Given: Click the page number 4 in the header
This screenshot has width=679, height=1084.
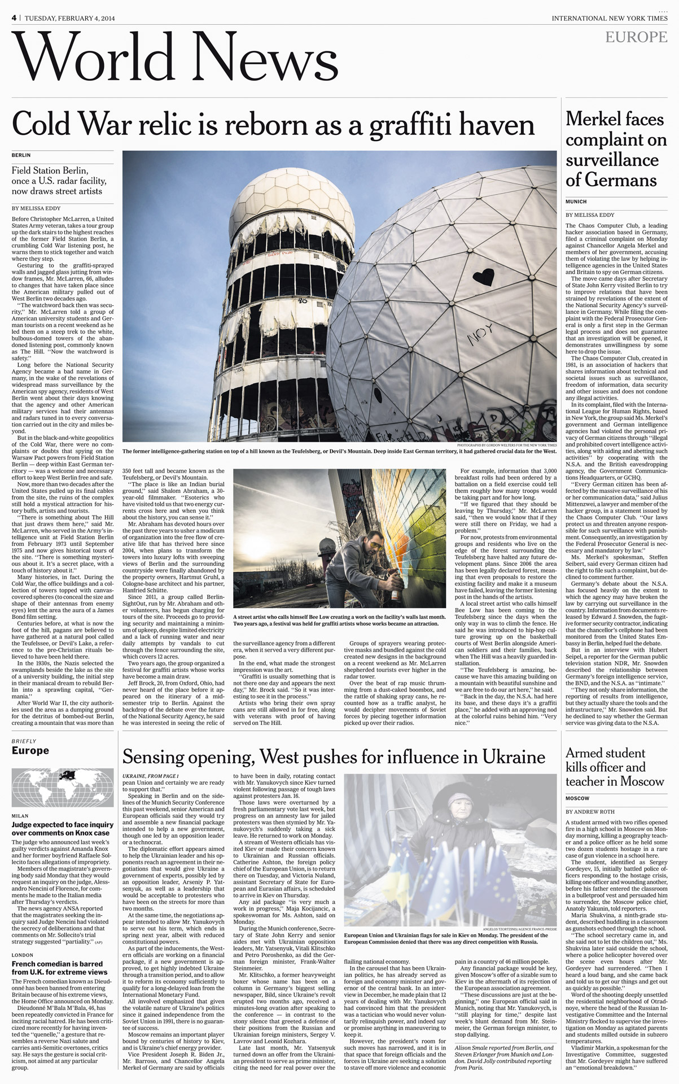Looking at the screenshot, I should [14, 18].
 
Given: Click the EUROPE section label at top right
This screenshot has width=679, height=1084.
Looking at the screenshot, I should [636, 37].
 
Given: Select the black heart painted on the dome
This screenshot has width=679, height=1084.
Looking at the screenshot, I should [483, 277].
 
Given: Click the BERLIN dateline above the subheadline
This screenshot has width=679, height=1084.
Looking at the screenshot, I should [21, 155].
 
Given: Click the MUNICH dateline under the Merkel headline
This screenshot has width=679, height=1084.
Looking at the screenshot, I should [576, 202].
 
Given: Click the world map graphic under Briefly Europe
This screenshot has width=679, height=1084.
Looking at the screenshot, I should [63, 787].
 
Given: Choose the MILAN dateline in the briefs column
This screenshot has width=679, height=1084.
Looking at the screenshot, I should [20, 816].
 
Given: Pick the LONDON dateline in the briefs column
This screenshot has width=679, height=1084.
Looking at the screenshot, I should [23, 955].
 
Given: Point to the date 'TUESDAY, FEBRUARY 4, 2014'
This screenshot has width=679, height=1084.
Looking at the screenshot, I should [69, 18].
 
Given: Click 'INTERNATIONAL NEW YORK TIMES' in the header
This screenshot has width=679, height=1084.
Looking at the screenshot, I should [610, 18].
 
